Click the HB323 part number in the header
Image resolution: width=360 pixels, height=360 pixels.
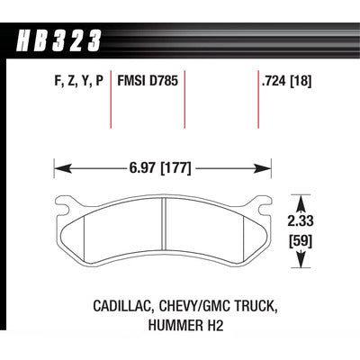pyautogui.click(x=59, y=40)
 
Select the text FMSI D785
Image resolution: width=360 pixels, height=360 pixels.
pyautogui.click(x=148, y=81)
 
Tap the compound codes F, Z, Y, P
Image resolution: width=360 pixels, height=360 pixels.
pyautogui.click(x=79, y=81)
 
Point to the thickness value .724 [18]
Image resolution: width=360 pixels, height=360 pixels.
pyautogui.click(x=287, y=81)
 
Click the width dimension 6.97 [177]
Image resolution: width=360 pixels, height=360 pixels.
pyautogui.click(x=160, y=168)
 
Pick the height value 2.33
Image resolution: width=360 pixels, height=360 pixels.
pyautogui.click(x=301, y=221)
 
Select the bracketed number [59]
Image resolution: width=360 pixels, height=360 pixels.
pyautogui.click(x=301, y=241)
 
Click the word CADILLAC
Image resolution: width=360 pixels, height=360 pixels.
pyautogui.click(x=122, y=306)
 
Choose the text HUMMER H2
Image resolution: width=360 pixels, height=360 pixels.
pyautogui.click(x=186, y=326)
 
